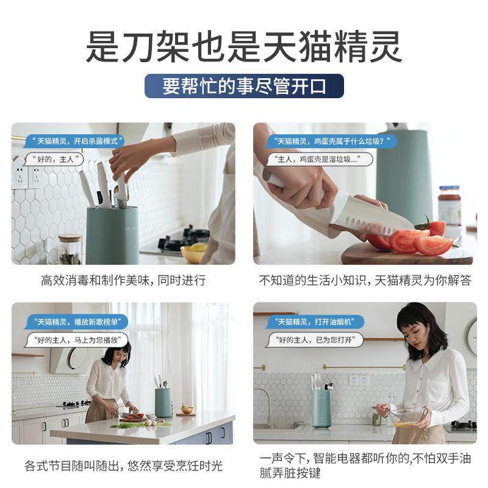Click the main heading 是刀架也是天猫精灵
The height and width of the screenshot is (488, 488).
point(244,47)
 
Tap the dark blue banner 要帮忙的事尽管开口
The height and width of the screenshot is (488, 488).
point(244,86)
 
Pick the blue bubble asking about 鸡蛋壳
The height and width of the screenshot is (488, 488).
point(331,141)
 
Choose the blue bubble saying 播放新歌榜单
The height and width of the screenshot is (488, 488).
point(77,321)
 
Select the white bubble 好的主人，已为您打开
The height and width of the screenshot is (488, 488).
point(315,340)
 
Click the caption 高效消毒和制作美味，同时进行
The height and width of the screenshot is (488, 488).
point(123,281)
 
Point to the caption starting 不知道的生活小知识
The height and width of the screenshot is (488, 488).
point(365,281)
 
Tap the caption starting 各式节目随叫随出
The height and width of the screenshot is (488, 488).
point(123,466)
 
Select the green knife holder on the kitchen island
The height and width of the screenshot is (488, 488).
point(163,403)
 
